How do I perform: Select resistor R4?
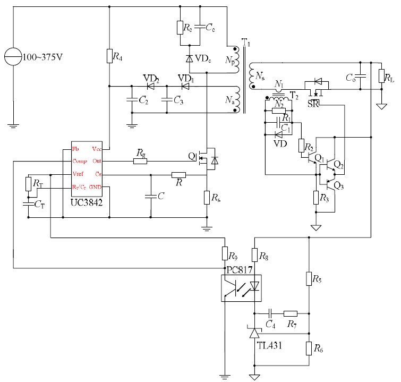[x=109, y=56]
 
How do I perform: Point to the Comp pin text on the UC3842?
[x=80, y=161]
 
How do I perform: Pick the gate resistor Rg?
[x=140, y=160]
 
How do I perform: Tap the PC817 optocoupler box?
[x=242, y=287]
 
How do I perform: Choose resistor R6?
[x=308, y=349]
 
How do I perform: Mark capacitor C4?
[x=270, y=313]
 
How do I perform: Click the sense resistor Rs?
[x=207, y=198]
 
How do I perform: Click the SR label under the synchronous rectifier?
[x=313, y=103]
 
